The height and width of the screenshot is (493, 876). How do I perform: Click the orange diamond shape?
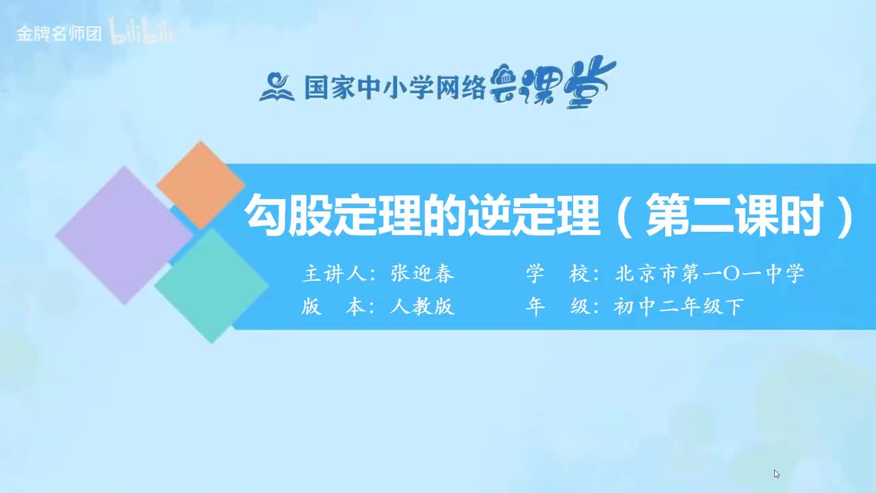[x=200, y=184]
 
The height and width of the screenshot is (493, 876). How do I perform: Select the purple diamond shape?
[x=124, y=235]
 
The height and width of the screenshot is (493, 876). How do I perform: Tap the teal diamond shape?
[x=211, y=286]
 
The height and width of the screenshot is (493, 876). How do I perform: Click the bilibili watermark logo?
[x=142, y=34]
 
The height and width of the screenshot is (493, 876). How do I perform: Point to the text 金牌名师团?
[x=60, y=34]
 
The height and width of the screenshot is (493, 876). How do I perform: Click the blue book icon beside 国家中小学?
[x=276, y=86]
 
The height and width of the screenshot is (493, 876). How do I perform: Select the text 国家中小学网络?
[x=394, y=87]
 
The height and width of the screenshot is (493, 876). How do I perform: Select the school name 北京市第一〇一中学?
[x=710, y=274]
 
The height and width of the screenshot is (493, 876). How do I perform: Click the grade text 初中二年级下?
[x=678, y=307]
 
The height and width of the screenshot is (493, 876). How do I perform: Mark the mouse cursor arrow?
[x=777, y=474]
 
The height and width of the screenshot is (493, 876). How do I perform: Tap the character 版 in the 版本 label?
[x=311, y=307]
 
